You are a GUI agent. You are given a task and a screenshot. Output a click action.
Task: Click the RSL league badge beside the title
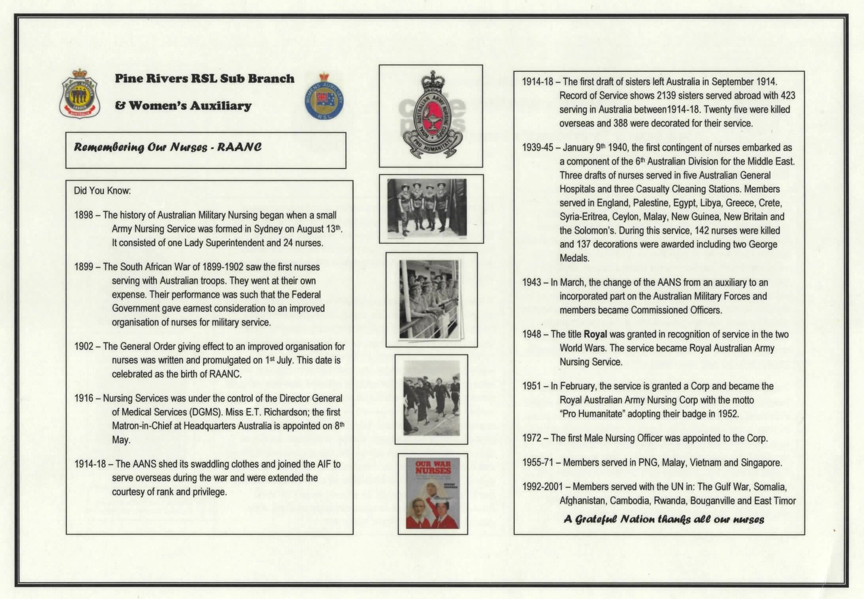(79, 94)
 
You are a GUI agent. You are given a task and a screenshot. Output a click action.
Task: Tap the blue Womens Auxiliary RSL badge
(324, 97)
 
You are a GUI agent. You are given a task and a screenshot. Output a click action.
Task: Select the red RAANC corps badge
(431, 116)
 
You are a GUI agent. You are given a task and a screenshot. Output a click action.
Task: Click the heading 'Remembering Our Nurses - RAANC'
(168, 147)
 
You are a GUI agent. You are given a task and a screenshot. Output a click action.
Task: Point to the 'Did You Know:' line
(102, 191)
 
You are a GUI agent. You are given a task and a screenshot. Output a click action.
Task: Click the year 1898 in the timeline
(83, 215)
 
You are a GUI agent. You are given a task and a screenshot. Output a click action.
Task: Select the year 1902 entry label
(83, 346)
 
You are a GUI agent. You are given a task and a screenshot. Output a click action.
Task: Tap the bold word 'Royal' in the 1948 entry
(595, 334)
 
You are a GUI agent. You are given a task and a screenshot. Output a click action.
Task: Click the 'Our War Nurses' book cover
(432, 494)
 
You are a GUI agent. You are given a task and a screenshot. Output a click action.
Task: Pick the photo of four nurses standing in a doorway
(428, 208)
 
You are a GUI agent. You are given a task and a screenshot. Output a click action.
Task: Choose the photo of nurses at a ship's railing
(431, 299)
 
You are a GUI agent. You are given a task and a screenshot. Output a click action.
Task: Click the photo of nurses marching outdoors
(431, 399)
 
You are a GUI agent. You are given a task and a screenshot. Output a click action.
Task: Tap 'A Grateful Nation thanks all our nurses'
(663, 519)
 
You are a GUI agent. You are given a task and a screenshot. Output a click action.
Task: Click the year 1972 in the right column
(532, 438)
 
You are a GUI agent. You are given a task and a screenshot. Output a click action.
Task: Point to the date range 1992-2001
(542, 487)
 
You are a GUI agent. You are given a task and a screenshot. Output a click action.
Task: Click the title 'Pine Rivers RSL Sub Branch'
(205, 79)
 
